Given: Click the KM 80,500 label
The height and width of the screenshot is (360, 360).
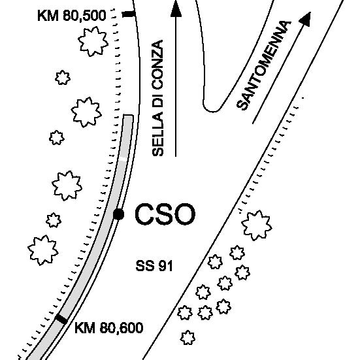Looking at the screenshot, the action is click(x=72, y=16).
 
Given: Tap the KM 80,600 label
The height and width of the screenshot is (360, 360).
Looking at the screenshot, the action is click(x=109, y=327).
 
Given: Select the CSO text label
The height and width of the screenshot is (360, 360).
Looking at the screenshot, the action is click(x=165, y=214).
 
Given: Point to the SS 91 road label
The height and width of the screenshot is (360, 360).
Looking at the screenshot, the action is click(x=154, y=266).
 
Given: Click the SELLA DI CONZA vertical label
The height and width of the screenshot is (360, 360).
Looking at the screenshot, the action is click(x=157, y=98).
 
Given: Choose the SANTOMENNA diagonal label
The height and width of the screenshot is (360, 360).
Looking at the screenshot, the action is click(x=264, y=65).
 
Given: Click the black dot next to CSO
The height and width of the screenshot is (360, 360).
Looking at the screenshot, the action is click(x=119, y=214).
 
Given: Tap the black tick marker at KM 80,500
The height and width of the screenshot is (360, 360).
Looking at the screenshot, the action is click(x=129, y=14).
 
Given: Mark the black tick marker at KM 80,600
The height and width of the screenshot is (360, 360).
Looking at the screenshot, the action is click(x=61, y=319).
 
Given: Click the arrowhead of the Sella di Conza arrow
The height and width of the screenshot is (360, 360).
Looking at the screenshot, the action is click(x=176, y=8).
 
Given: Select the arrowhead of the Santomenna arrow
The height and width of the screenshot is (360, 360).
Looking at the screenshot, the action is click(x=306, y=18).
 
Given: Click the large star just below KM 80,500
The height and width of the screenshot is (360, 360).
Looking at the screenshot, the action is click(x=93, y=41).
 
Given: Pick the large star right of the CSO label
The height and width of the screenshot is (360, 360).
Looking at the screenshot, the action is click(x=257, y=225).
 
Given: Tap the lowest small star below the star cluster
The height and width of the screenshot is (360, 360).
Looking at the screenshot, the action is click(x=188, y=338).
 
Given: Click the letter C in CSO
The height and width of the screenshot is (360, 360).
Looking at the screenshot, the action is click(x=144, y=214).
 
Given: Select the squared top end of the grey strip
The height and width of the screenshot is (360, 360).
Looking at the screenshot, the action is click(x=128, y=115).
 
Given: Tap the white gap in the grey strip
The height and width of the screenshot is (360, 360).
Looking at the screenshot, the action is click(x=123, y=159).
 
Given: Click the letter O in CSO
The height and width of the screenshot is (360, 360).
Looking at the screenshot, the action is click(x=184, y=214).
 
